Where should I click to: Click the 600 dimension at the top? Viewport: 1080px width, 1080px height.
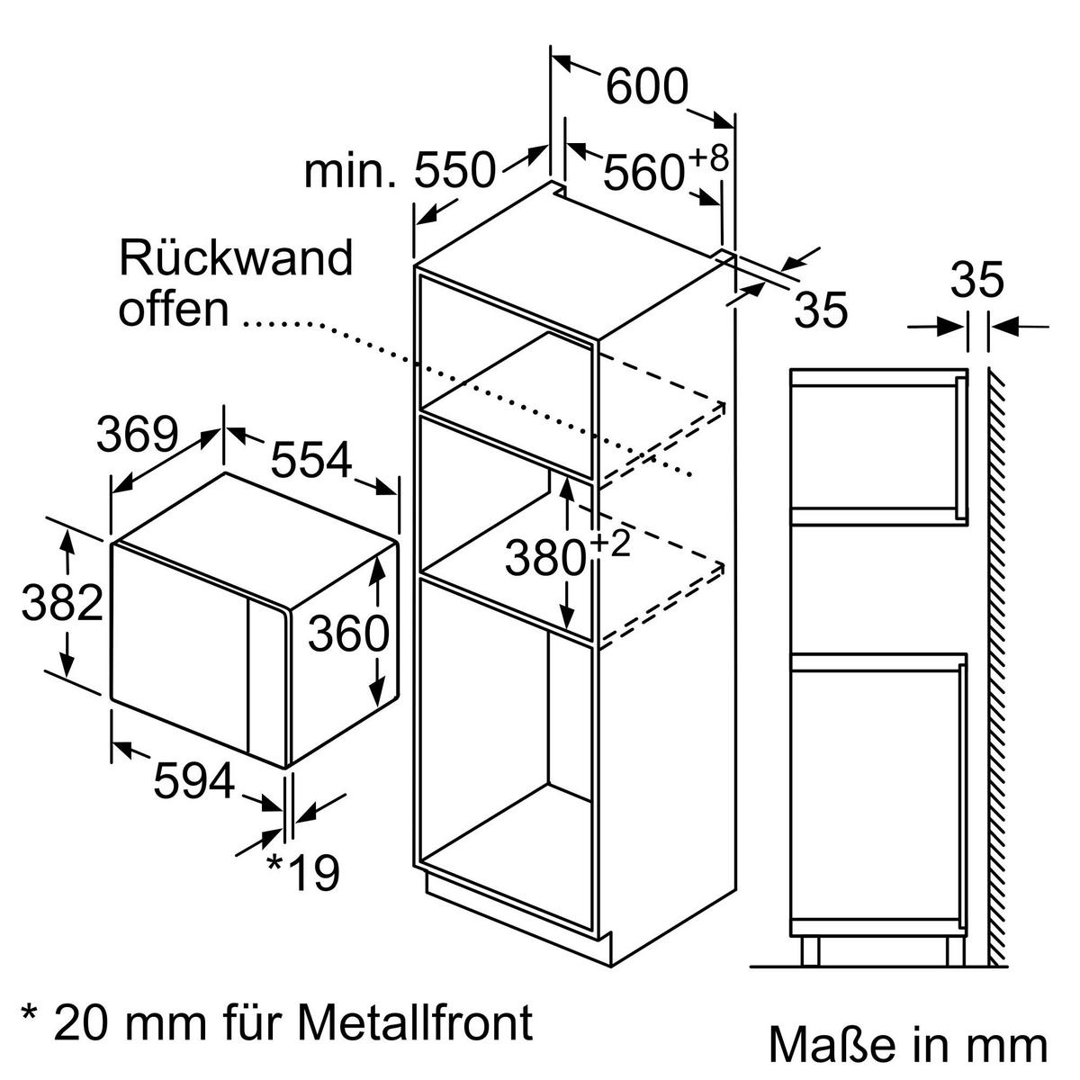tap(646, 87)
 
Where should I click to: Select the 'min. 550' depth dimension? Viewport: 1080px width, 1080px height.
tap(400, 170)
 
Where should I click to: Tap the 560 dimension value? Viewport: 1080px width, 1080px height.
tap(643, 173)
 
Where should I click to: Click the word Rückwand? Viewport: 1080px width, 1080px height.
tap(236, 258)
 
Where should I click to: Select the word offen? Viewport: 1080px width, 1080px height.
tap(174, 309)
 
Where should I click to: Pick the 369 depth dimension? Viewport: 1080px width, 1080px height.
tap(137, 436)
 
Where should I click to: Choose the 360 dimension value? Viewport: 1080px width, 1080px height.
tap(348, 634)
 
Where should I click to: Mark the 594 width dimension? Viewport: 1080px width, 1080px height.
tap(193, 779)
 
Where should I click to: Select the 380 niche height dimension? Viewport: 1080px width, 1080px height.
tap(544, 559)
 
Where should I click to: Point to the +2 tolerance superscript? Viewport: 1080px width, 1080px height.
tap(610, 544)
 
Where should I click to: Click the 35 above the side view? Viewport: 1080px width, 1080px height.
tap(977, 281)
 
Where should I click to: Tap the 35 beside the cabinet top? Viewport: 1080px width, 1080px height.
tap(822, 310)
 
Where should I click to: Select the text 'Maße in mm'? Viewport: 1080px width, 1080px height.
tap(907, 1046)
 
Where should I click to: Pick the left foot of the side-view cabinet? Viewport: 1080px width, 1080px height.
tap(809, 951)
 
